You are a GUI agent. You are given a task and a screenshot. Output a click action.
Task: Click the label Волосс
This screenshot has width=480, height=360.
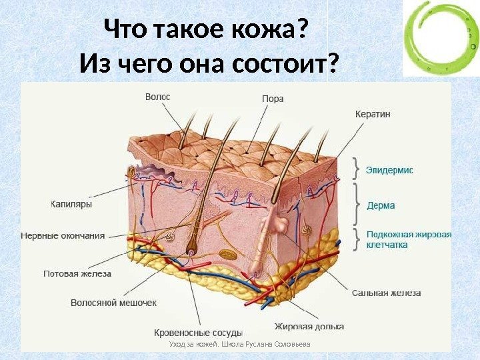(x=158, y=97)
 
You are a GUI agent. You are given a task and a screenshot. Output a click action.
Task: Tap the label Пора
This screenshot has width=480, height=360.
(x=272, y=99)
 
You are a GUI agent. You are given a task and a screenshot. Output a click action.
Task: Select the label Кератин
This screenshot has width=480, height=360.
(x=373, y=114)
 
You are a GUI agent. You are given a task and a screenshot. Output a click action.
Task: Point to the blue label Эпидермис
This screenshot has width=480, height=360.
(x=390, y=170)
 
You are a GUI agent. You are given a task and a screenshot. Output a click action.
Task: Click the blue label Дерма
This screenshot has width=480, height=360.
(x=381, y=205)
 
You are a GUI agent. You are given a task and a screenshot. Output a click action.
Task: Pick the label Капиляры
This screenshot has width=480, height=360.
(x=71, y=203)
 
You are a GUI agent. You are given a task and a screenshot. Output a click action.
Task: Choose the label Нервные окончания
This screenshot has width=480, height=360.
(x=63, y=235)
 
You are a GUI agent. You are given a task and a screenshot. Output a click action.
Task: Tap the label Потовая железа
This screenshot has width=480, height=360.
(x=77, y=273)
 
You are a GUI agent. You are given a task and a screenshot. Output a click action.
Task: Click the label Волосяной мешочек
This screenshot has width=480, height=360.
(x=114, y=303)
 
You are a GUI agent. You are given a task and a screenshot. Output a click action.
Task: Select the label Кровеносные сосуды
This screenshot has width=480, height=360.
(x=198, y=332)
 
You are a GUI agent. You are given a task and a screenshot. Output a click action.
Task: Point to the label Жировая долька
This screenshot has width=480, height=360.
(x=309, y=327)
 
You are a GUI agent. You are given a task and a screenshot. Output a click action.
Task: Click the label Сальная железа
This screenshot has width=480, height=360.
(x=386, y=293)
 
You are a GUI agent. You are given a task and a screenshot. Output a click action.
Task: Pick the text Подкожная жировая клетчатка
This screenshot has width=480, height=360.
(x=409, y=239)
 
